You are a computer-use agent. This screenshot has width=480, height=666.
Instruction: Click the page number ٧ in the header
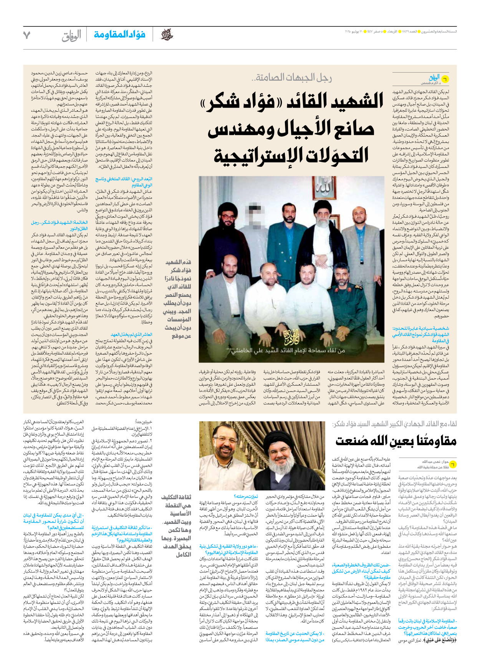[26, 35]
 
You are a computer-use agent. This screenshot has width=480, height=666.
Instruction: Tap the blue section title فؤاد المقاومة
[119, 35]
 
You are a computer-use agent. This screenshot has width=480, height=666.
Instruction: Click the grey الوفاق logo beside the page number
[71, 35]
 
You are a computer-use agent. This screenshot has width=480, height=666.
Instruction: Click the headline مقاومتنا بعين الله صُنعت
[396, 441]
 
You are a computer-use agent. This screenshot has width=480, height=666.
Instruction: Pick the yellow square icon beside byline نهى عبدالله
[453, 464]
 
